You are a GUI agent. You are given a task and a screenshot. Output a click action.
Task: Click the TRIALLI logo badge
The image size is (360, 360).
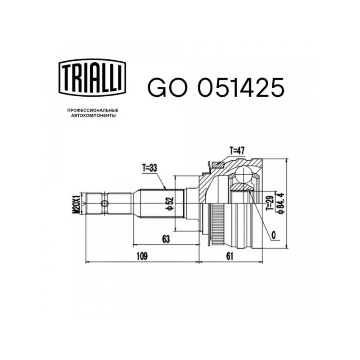pos(92,78)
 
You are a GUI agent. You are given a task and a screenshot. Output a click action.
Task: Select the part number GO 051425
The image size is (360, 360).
pos(216,87)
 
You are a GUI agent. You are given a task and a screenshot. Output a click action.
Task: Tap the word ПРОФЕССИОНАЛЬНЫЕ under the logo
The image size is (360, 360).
pos(93,110)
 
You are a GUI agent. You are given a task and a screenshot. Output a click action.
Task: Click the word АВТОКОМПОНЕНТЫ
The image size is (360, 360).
pos(94,116)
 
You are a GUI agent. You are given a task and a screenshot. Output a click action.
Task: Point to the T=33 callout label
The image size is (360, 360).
pos(149,168)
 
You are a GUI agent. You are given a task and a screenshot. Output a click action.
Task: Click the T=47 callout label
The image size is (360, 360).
pos(237,151)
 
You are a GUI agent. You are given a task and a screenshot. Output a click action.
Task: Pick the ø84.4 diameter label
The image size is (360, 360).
pos(280,203)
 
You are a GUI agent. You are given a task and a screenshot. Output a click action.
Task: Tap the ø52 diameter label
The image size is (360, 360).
pos(170,204)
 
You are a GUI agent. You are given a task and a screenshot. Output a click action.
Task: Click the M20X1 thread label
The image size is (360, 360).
pos(76,204)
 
